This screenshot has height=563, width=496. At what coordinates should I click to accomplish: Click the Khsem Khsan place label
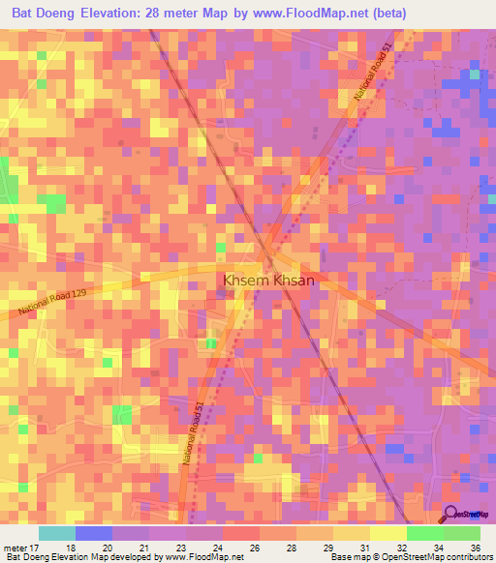[x=269, y=280]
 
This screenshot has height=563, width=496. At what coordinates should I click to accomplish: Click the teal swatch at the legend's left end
[x=57, y=533]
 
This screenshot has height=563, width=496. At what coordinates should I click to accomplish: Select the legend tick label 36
[x=476, y=548]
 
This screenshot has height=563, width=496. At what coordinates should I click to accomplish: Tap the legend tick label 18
[x=71, y=548]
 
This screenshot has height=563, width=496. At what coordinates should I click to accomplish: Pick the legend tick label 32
[x=402, y=548]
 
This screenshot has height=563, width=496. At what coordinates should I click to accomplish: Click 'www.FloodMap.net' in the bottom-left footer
[x=201, y=558]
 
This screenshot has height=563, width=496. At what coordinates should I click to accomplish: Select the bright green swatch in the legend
[x=425, y=533]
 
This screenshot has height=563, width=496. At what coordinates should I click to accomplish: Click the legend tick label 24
[x=218, y=548]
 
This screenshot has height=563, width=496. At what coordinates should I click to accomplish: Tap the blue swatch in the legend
[x=94, y=533]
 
